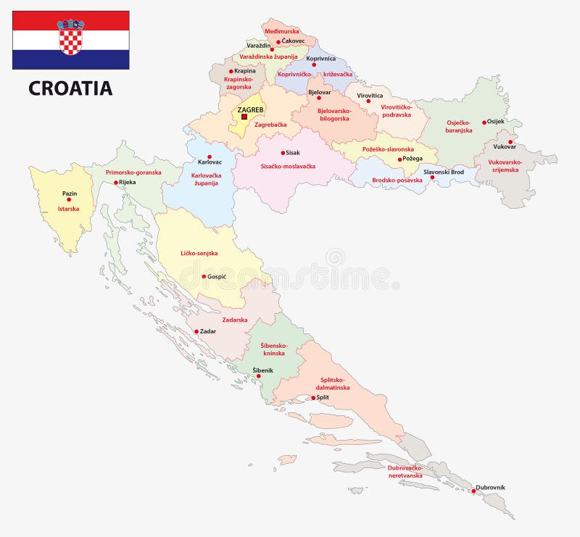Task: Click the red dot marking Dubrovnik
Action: (473, 491)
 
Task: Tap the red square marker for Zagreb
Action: (244, 117)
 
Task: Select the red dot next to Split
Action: (313, 398)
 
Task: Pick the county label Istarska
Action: (68, 209)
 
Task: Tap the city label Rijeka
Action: (127, 182)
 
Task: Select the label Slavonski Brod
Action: (444, 172)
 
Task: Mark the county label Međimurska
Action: (281, 31)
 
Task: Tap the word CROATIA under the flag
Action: (70, 88)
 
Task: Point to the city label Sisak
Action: (292, 153)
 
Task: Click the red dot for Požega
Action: (399, 159)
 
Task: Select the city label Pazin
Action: (70, 193)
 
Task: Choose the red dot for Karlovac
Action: (209, 157)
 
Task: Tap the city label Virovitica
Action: (370, 95)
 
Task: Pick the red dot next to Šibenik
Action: (259, 376)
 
